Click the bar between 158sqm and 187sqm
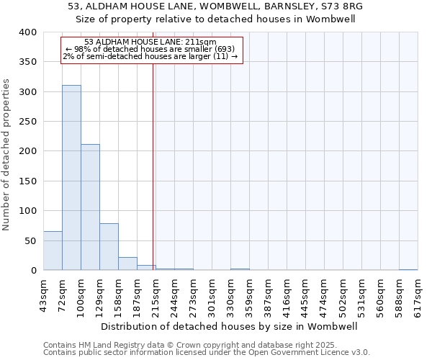click(127, 264)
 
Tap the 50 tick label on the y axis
click(30, 240)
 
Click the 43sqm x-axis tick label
click(43, 293)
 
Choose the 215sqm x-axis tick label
click(156, 293)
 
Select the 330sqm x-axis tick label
click(230, 293)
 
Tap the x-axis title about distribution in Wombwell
click(230, 326)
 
